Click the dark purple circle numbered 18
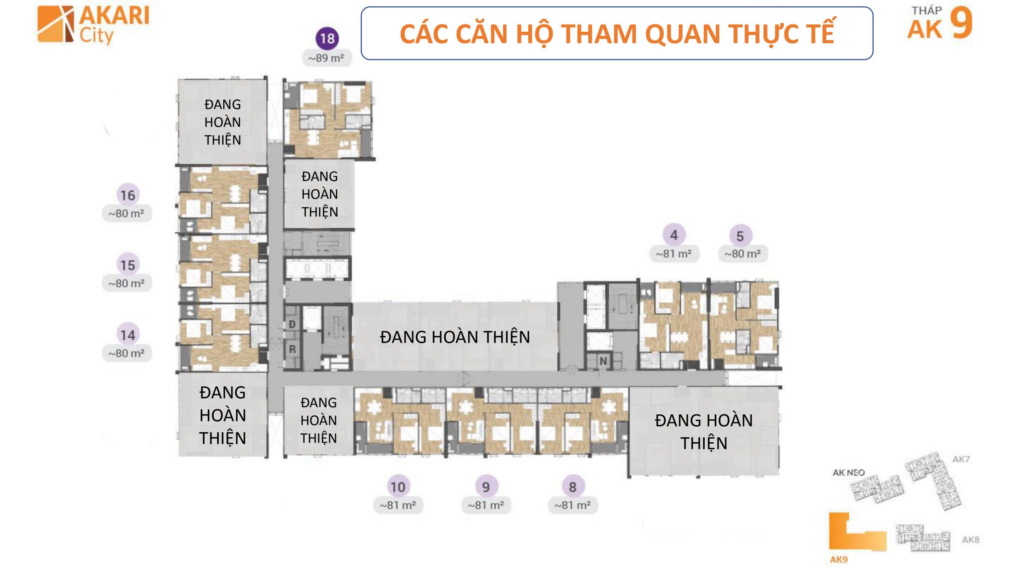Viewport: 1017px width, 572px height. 327,39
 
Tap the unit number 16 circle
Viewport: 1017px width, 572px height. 128,195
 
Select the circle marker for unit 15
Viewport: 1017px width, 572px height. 128,265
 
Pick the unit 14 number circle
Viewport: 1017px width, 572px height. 128,335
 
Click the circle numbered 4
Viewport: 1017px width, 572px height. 674,235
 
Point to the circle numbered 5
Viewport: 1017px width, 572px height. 740,236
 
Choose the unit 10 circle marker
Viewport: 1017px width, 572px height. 398,487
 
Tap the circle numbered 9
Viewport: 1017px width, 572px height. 486,487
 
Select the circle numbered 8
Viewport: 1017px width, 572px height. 572,487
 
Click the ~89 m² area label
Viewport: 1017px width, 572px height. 327,58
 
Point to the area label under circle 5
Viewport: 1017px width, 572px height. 742,253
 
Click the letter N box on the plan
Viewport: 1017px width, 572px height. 603,361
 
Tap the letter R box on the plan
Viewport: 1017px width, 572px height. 292,350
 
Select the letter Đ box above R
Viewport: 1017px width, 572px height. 292,325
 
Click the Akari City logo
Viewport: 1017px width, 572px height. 93,25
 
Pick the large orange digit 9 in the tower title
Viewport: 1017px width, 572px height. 961,23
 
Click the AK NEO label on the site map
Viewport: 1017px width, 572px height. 849,473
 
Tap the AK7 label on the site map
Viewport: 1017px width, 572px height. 961,459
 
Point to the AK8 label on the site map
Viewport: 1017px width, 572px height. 971,540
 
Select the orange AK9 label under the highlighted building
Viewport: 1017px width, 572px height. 839,560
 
